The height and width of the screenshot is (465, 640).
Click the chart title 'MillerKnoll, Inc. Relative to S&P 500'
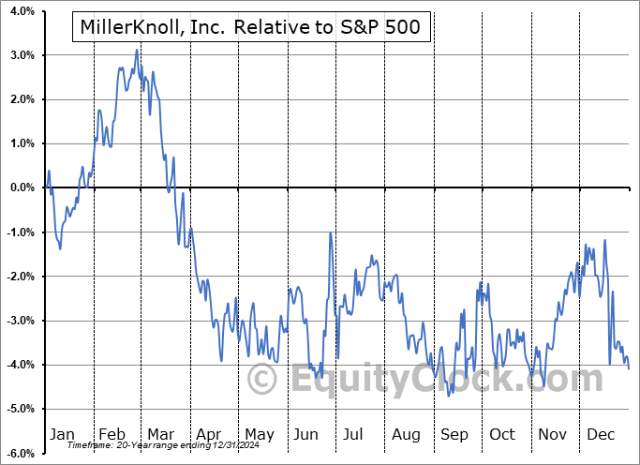coord(251,29)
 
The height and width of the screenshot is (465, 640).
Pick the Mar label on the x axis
coord(161,434)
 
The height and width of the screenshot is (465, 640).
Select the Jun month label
coord(306,434)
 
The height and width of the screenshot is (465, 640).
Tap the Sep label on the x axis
coord(454,434)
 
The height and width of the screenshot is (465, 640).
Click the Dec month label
coord(602,434)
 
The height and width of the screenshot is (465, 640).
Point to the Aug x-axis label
coord(406,434)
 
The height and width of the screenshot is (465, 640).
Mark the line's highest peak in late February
coord(137,50)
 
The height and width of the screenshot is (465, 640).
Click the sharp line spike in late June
coord(331,233)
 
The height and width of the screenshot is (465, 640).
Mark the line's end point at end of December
coord(628,368)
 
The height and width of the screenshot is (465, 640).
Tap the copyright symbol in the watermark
coord(261,380)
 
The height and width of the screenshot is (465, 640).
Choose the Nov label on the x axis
coord(551,434)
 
